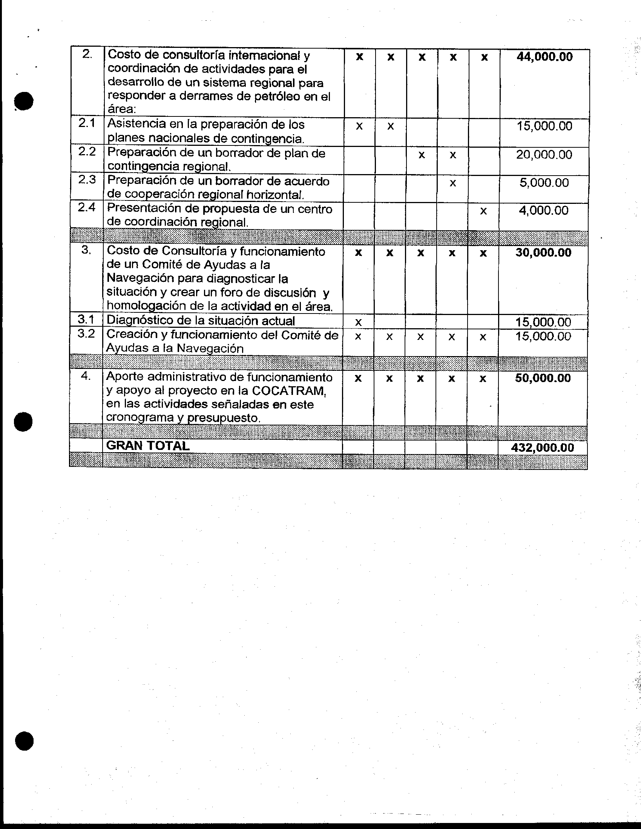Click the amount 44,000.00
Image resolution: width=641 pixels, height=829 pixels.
(544, 57)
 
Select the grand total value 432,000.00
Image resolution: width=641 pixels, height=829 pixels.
(542, 448)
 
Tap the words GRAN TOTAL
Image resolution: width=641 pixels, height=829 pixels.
(148, 446)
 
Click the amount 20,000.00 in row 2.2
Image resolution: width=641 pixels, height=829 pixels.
(544, 155)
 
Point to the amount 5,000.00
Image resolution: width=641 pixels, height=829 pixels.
(544, 183)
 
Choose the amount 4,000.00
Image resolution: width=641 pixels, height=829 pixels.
(543, 211)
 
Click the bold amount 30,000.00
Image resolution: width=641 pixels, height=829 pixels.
(543, 253)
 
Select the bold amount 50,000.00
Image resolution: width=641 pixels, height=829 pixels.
(543, 378)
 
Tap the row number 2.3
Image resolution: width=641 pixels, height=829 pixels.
(87, 179)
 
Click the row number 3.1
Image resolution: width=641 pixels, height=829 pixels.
(86, 320)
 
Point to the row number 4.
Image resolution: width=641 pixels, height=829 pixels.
(86, 376)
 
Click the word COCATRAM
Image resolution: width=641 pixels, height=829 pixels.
(288, 391)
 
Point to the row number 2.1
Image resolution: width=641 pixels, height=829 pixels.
(87, 123)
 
